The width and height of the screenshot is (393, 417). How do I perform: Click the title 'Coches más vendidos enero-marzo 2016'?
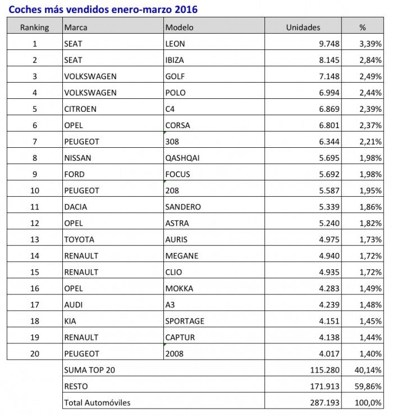coord(103,10)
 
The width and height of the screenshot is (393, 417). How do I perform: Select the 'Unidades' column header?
coord(303,27)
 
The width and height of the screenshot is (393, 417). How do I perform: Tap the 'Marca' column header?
coord(76,27)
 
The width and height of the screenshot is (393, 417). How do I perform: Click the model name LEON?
coord(175,44)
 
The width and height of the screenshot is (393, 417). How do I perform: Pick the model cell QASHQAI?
coord(182,158)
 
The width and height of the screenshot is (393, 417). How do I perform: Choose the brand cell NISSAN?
coord(78,158)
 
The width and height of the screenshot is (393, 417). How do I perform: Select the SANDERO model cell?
coord(183,207)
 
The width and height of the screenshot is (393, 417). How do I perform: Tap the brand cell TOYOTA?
coord(80,239)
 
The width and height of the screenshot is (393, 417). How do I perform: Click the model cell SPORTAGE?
coord(185,321)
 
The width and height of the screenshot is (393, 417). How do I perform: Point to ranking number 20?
coord(34,353)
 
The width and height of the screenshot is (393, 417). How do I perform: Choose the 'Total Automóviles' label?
coord(98,402)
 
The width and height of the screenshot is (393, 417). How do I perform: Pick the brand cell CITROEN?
coord(80,109)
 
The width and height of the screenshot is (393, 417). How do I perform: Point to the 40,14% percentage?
coord(369,370)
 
